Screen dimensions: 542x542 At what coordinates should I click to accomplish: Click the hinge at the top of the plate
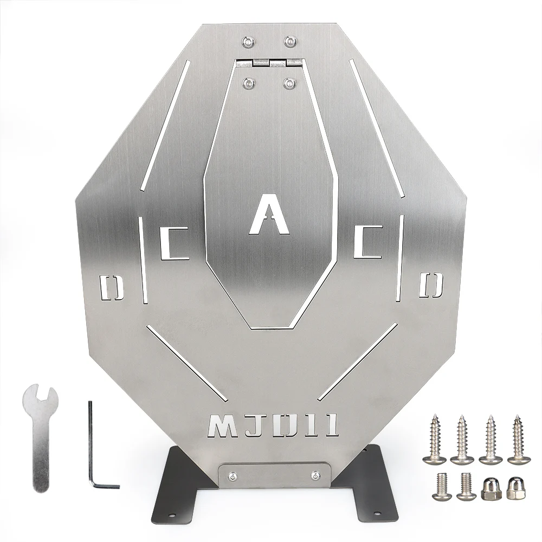coord(269,63)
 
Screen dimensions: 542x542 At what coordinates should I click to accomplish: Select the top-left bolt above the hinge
coord(248,42)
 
